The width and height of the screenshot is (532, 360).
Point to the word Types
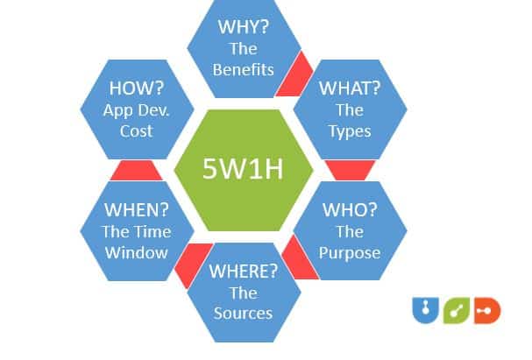(349, 131)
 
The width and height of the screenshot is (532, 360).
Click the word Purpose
(349, 253)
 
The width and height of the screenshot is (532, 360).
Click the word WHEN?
(137, 210)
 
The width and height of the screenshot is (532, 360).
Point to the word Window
(137, 253)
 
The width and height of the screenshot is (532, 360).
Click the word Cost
(137, 131)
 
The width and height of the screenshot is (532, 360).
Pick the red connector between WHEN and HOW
(137, 169)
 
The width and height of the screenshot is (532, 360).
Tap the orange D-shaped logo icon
(486, 311)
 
